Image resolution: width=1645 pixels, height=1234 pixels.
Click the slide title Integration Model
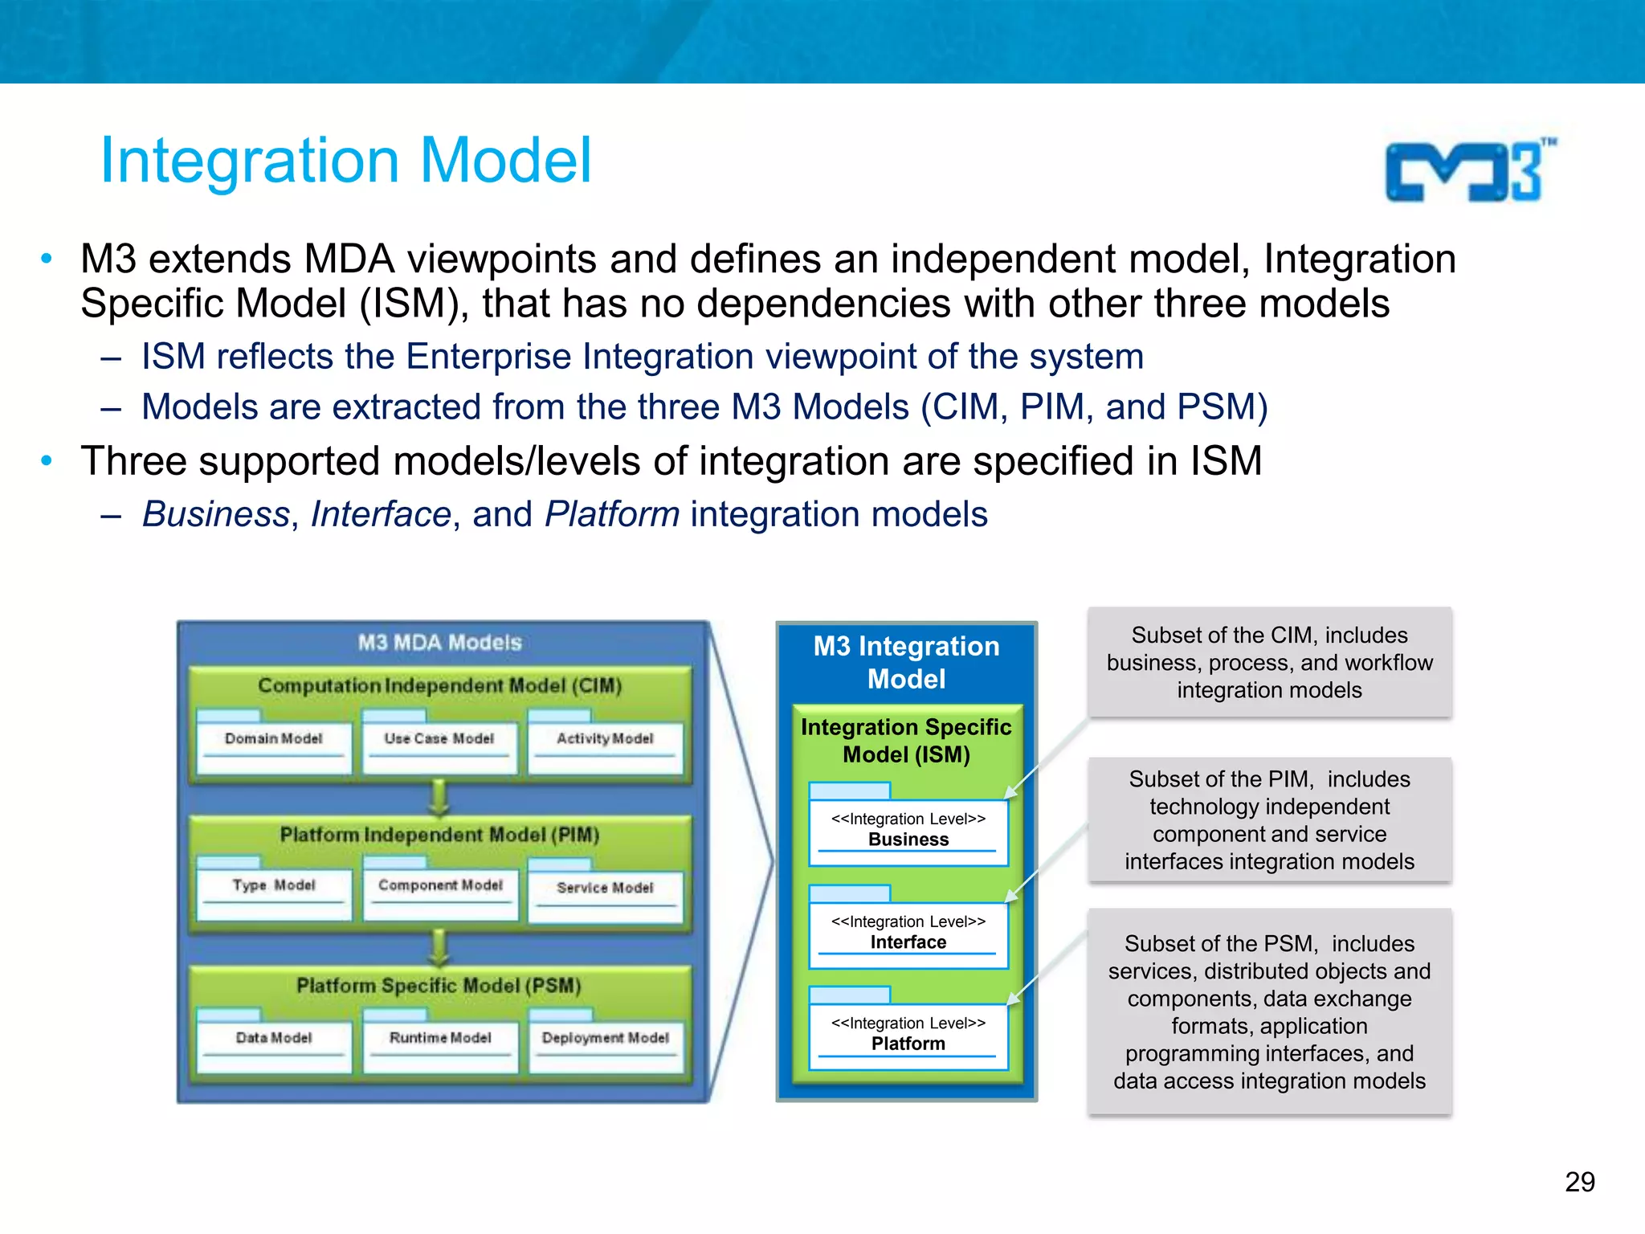345,161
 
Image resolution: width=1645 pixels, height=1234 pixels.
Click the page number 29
1579,1182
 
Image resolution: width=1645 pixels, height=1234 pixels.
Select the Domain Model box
274,747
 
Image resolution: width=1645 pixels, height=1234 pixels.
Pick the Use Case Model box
439,747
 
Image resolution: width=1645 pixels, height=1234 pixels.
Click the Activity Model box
605,747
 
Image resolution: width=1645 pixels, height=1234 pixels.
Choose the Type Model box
274,893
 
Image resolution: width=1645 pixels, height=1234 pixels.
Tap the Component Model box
440,893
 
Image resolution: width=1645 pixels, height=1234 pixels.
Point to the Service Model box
605,896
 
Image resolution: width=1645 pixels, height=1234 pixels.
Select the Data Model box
274,1046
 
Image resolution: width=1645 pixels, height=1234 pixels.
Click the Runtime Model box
440,1046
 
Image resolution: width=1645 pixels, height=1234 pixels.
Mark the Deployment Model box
605,1046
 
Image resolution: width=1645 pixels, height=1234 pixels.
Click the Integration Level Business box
908,832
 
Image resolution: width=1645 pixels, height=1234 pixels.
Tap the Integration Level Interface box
908,934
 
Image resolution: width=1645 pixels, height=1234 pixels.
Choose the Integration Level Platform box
908,1036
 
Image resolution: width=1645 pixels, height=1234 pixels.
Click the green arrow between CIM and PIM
439,797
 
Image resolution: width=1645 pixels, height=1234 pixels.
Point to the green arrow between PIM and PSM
439,948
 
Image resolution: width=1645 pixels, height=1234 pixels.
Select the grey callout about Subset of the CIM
1269,662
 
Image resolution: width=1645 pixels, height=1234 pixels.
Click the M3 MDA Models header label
439,643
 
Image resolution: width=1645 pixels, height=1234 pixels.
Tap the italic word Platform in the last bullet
612,514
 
